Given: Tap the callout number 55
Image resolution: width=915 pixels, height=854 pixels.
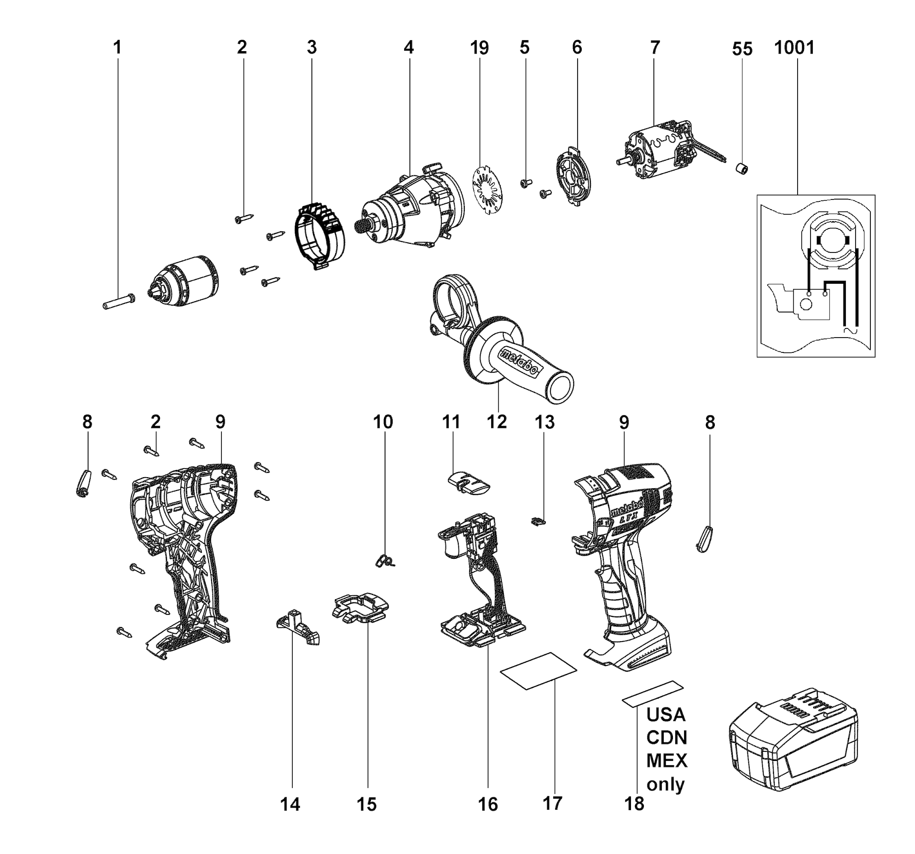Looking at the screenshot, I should tap(742, 49).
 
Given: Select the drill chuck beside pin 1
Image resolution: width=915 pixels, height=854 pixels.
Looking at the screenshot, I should tap(184, 281).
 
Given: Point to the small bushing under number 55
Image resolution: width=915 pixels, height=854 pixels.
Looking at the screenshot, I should tap(741, 169).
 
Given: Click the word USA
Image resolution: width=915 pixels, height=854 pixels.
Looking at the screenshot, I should tap(666, 715).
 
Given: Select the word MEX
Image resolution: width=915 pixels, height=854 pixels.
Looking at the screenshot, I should tap(666, 761).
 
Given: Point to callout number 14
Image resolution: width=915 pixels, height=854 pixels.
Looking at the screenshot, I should tap(290, 804).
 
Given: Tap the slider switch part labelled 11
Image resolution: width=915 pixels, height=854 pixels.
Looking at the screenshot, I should tap(468, 483).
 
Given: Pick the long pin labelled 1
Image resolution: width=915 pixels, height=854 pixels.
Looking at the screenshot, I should tap(118, 302).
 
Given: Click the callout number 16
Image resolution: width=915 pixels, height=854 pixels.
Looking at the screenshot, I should tap(488, 804).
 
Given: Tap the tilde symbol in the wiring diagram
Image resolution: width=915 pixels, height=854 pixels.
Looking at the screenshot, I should tap(850, 330).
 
